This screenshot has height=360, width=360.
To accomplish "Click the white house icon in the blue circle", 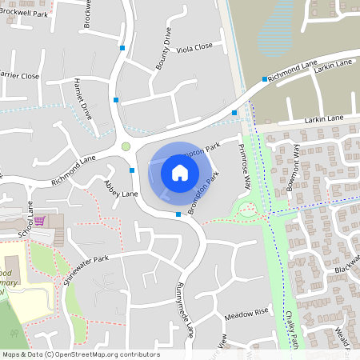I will click(x=180, y=172).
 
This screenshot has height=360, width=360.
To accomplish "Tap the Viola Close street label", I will click(x=194, y=47).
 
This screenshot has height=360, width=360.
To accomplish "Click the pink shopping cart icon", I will click(x=39, y=221).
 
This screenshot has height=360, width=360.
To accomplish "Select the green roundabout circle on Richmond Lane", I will click(x=126, y=146).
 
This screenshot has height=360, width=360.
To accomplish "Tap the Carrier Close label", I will click(x=18, y=76).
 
